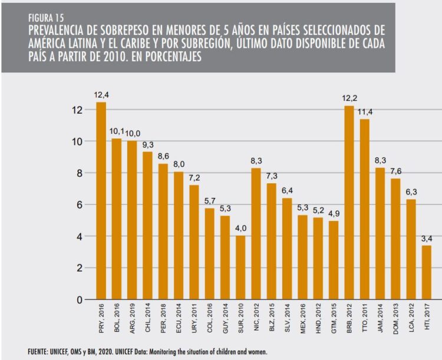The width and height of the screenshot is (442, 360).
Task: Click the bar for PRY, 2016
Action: click(101, 201)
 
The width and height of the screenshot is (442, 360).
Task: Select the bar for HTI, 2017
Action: click(426, 272)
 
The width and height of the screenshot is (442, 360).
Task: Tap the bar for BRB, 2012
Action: click(349, 203)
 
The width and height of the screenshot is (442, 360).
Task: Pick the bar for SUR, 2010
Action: click(240, 267)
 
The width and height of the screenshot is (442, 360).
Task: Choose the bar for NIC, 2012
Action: click(256, 233)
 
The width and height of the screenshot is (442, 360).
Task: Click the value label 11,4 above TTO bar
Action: click(364, 112)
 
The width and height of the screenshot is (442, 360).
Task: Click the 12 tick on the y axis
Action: click(78, 110)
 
